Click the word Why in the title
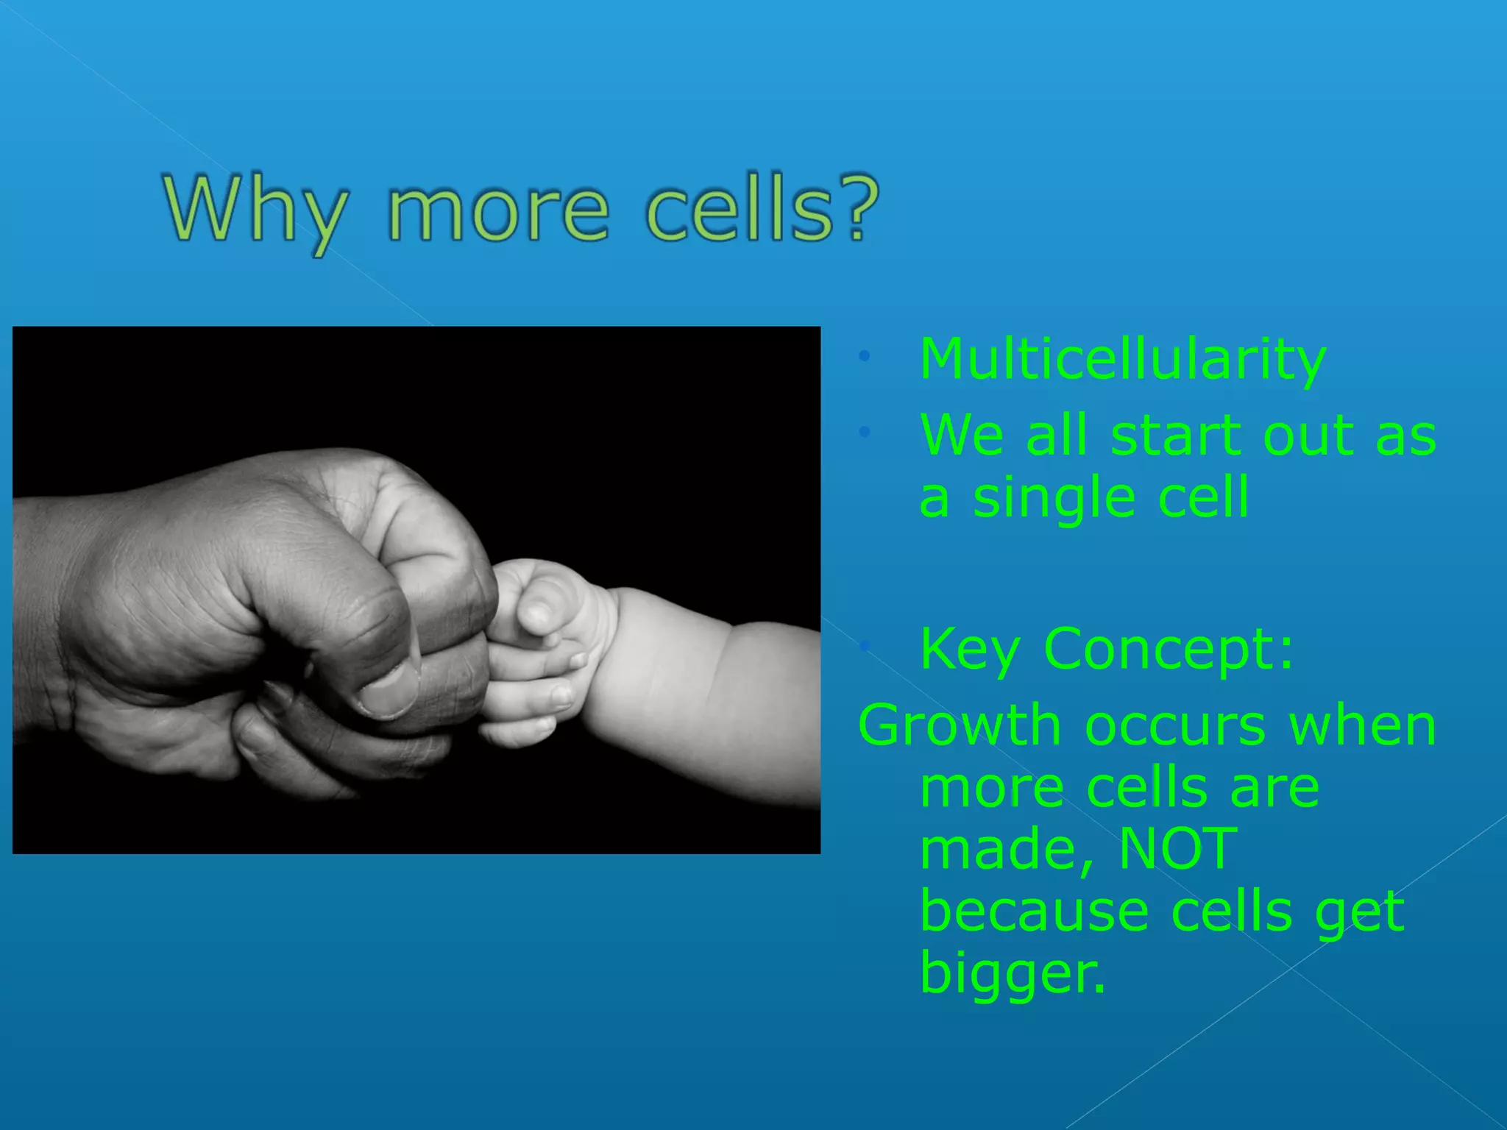pyautogui.click(x=254, y=210)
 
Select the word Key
pyautogui.click(x=969, y=650)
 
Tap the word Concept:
pyautogui.click(x=1168, y=650)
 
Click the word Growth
pyautogui.click(x=959, y=727)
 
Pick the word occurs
pyautogui.click(x=1175, y=727)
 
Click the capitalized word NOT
pyautogui.click(x=1177, y=849)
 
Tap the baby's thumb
pyautogui.click(x=541, y=610)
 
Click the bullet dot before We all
pyautogui.click(x=865, y=433)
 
